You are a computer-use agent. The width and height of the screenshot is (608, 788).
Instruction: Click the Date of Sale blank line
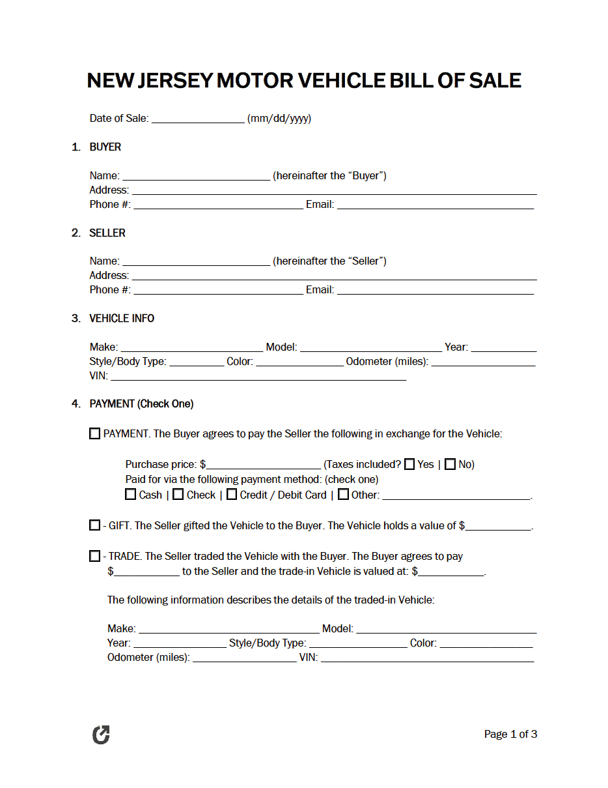198,119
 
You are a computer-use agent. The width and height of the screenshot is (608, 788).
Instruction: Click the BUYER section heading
105,147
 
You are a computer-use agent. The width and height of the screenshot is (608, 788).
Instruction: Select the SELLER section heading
107,233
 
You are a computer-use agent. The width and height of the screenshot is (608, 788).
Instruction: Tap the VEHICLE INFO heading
122,318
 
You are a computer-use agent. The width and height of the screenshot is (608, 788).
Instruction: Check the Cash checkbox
131,495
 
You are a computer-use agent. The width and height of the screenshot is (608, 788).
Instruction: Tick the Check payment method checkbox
178,495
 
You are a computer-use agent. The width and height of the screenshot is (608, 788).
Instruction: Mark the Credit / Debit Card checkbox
232,495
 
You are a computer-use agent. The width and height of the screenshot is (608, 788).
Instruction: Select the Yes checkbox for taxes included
409,464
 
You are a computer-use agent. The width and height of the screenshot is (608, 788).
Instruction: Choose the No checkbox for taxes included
450,464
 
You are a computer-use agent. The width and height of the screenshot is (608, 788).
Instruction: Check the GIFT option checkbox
95,525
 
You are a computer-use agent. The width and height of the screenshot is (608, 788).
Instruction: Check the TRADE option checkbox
95,557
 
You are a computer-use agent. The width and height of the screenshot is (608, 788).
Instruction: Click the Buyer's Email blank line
435,205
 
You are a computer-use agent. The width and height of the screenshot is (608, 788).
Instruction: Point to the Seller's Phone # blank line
218,291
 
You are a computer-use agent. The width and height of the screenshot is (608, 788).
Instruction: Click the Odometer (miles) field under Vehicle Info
483,362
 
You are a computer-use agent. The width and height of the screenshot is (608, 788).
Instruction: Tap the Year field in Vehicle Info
503,348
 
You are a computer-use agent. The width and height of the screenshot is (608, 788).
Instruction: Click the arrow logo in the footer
101,735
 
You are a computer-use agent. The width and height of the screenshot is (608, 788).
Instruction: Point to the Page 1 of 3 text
510,735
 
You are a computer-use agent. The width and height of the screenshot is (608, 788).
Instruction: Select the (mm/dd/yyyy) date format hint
279,119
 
